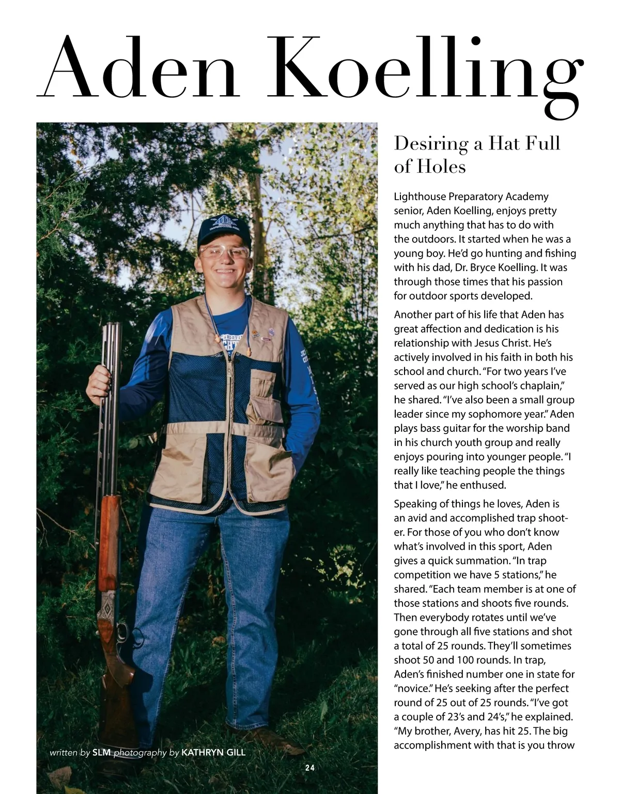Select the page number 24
pyautogui.click(x=309, y=768)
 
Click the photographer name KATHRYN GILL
pyautogui.click(x=213, y=753)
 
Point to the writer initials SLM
pyautogui.click(x=101, y=753)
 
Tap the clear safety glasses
pyautogui.click(x=224, y=252)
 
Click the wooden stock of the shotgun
pyautogui.click(x=110, y=522)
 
